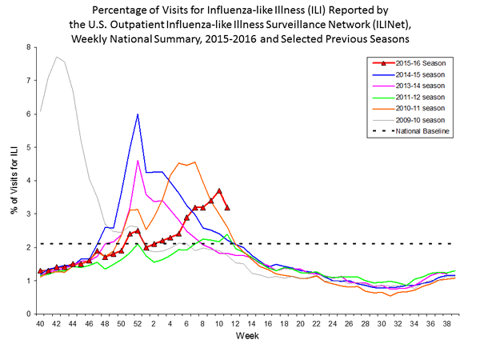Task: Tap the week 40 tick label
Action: (x=40, y=324)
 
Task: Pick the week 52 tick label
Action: (x=138, y=324)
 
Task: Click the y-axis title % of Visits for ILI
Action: (x=14, y=180)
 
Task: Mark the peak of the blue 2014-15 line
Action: (x=138, y=114)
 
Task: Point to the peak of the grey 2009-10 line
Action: (x=56, y=57)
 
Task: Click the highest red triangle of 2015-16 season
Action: (x=219, y=191)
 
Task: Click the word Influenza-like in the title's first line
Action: (x=254, y=10)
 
